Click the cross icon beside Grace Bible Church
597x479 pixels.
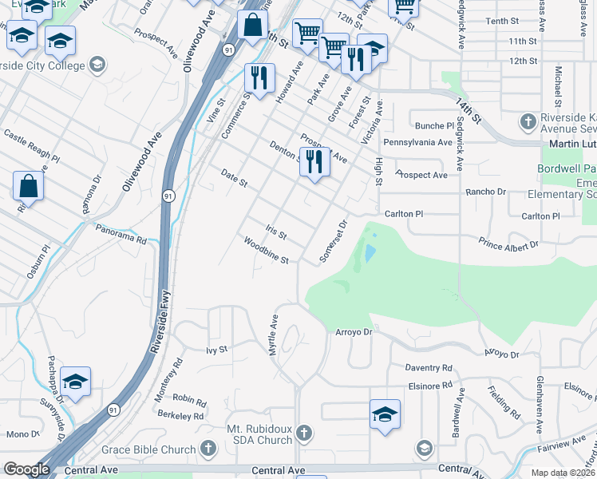tap(209, 449)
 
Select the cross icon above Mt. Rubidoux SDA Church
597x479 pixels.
tap(302, 433)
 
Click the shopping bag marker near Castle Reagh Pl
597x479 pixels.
tap(28, 187)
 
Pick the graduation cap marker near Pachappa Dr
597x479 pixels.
tap(75, 382)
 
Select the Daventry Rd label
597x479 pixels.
tap(428, 367)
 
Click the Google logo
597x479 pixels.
tap(26, 469)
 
